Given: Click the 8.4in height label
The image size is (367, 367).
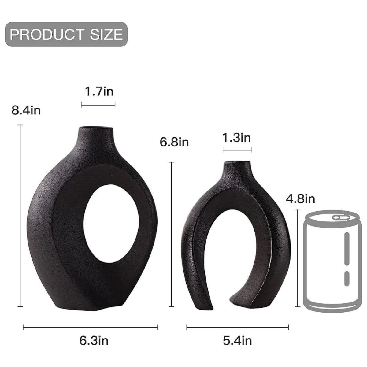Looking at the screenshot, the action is coord(26,110).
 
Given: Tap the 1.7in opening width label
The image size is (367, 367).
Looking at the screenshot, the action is coord(99,92).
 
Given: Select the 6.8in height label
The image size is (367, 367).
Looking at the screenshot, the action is coord(174,142).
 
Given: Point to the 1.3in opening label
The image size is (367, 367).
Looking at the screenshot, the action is coord(236,138).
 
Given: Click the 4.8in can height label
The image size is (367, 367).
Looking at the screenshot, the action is coord(300,199).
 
